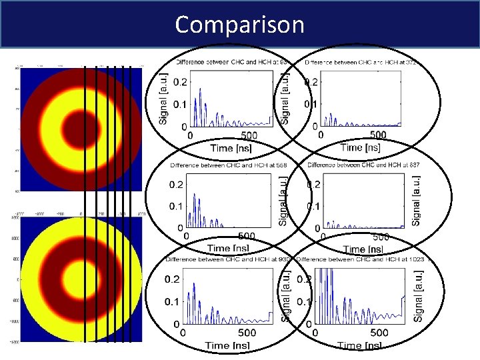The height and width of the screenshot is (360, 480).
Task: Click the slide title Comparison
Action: click(x=239, y=25)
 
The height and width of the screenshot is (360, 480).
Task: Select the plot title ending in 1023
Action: click(x=360, y=258)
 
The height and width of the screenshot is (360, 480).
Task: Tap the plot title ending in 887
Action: click(x=363, y=165)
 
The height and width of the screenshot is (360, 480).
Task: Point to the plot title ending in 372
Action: click(x=361, y=62)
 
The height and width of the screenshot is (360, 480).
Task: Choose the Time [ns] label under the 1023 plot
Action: click(x=359, y=345)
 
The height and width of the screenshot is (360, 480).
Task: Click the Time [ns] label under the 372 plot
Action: click(x=360, y=147)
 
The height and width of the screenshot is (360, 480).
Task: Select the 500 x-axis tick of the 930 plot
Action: click(x=247, y=333)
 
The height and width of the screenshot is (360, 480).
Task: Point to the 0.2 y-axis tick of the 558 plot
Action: click(x=176, y=185)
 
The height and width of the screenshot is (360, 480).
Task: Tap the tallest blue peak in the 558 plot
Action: click(x=194, y=195)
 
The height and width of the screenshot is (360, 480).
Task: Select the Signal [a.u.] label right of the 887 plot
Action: click(x=417, y=199)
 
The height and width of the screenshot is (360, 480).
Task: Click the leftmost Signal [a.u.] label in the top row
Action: click(x=163, y=98)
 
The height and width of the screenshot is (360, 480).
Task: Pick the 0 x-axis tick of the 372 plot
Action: click(x=321, y=135)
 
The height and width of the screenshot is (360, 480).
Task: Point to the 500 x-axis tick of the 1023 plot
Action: click(x=378, y=333)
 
